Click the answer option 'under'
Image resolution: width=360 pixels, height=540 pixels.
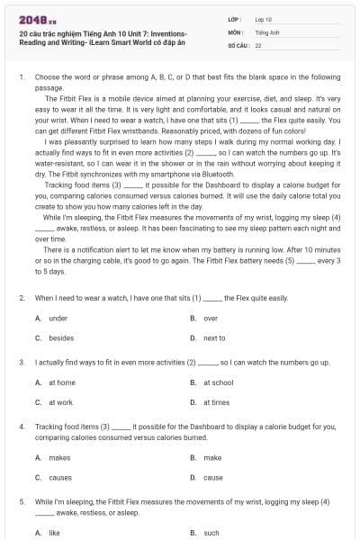coord(58,318)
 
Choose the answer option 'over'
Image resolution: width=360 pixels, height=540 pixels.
coord(211,318)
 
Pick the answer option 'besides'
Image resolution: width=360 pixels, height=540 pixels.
coord(60,337)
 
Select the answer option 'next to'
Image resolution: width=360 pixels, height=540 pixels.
coord(214,337)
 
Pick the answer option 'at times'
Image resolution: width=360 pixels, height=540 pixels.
coord(216,402)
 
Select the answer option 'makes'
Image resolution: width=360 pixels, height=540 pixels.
coord(59,457)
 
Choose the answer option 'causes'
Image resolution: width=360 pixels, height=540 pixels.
coord(60,477)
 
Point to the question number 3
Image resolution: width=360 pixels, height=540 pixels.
coord(21,362)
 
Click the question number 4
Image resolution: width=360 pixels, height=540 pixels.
coord(21,427)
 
